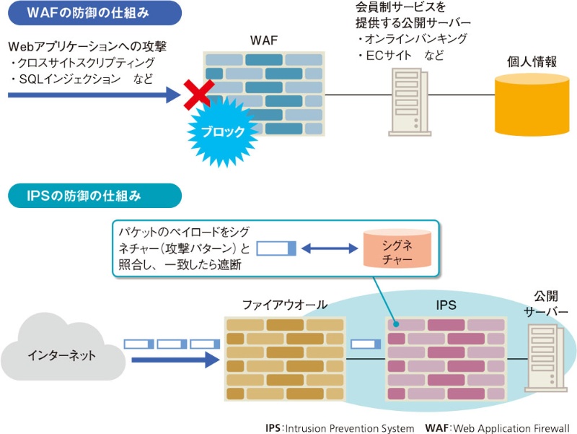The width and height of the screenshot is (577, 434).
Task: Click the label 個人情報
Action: pos(532,61)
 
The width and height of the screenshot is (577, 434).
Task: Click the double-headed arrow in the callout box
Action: pos(330,249)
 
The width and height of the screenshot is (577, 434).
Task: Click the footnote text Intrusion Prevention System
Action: pos(349,428)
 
